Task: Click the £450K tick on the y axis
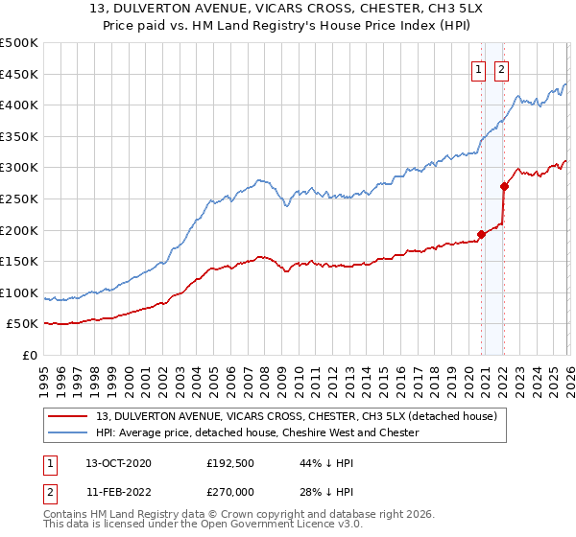pyautogui.click(x=19, y=74)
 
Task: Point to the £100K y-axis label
pyautogui.click(x=19, y=292)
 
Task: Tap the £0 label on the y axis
pyautogui.click(x=30, y=355)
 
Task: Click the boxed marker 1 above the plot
pyautogui.click(x=477, y=68)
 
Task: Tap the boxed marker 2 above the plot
pyautogui.click(x=501, y=68)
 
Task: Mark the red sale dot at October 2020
pyautogui.click(x=481, y=234)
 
